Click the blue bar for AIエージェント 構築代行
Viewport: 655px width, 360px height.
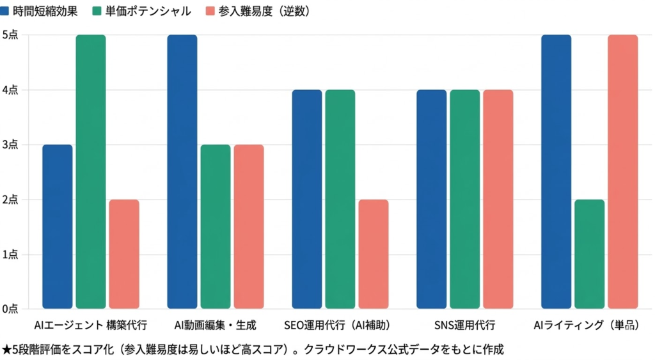pyautogui.click(x=58, y=227)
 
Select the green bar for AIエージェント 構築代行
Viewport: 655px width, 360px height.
pyautogui.click(x=91, y=172)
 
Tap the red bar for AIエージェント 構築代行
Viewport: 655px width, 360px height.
pyautogui.click(x=124, y=254)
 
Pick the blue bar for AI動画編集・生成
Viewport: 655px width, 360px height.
pyautogui.click(x=182, y=172)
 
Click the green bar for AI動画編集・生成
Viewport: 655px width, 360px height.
pyautogui.click(x=216, y=227)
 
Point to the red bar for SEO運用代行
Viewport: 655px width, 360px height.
pyautogui.click(x=374, y=254)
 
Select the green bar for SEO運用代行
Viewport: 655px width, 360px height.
pyautogui.click(x=340, y=200)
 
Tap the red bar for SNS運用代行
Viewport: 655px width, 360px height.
pyautogui.click(x=498, y=200)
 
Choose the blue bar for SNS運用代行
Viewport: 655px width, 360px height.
pyautogui.click(x=432, y=200)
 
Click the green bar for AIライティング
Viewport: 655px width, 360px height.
pyautogui.click(x=590, y=254)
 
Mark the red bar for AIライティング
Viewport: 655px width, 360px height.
pyautogui.click(x=623, y=172)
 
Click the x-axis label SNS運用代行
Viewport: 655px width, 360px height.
pyautogui.click(x=465, y=325)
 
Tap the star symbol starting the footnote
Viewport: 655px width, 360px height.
pyautogui.click(x=6, y=349)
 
